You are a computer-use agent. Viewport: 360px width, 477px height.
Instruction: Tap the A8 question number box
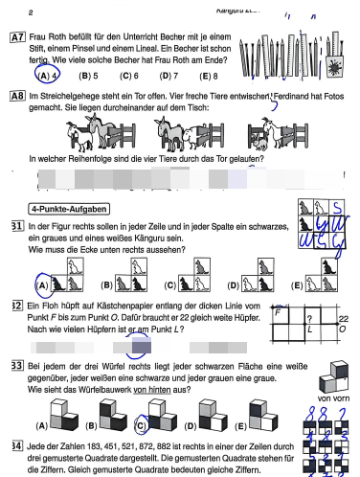coord(17,97)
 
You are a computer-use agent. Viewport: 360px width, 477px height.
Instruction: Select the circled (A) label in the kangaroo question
coord(41,284)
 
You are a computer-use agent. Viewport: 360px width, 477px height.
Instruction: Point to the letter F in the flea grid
coord(278,312)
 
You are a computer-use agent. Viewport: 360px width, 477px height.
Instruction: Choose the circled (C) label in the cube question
coord(141,427)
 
